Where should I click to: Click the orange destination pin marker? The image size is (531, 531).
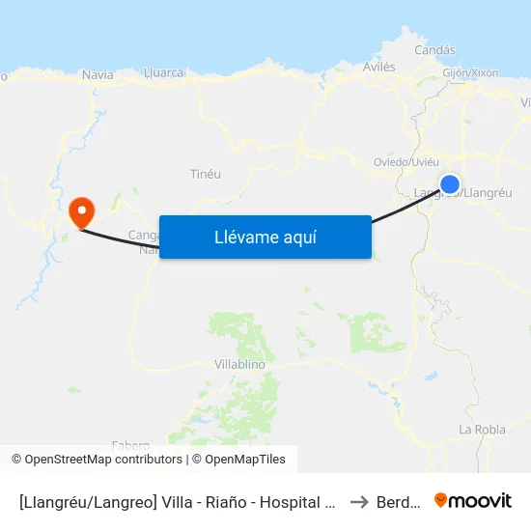click(x=82, y=210)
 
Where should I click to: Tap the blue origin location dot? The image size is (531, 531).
click(x=449, y=183)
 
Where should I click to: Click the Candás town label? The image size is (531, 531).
click(x=434, y=50)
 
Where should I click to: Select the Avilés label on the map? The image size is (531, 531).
click(x=378, y=67)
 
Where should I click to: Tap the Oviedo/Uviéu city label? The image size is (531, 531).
click(x=406, y=161)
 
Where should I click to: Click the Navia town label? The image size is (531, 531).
click(x=98, y=74)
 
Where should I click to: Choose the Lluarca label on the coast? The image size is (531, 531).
click(x=161, y=72)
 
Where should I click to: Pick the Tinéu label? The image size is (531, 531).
click(x=207, y=174)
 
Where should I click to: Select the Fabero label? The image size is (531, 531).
click(x=130, y=445)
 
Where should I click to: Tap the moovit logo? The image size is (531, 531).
click(x=473, y=500)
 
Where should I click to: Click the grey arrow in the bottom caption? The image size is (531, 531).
click(x=359, y=501)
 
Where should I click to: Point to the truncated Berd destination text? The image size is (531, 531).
click(x=398, y=501)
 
